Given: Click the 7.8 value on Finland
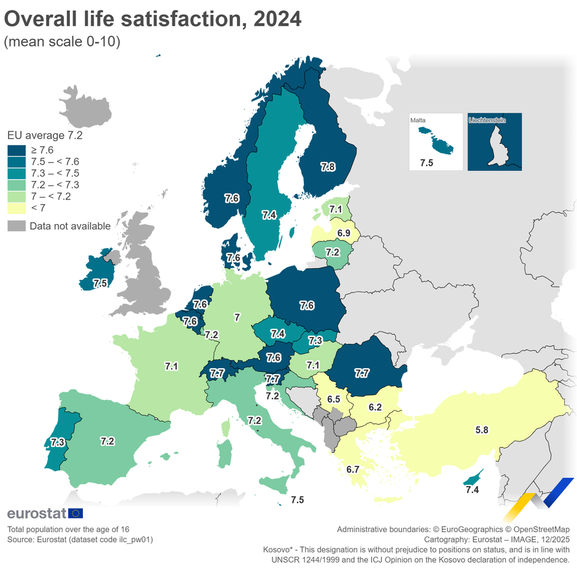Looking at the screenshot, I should [328, 166].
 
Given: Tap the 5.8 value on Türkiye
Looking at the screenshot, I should [482, 430].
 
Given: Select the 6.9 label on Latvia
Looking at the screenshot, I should [344, 233].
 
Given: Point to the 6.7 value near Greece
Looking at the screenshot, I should [353, 470].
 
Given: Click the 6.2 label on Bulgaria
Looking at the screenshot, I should [375, 407].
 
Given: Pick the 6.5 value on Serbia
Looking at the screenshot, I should [334, 399].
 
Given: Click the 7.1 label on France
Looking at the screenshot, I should [171, 366].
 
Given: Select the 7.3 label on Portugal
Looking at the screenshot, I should [58, 442].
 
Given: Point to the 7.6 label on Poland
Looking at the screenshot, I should [307, 305].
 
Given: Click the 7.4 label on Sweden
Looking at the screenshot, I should [269, 215].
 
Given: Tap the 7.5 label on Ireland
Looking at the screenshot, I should [100, 284].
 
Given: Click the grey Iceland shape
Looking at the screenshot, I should [80, 106].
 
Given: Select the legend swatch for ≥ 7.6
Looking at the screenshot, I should [16, 150].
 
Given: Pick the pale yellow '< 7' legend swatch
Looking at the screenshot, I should [16, 207].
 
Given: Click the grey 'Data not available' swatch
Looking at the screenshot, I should [16, 226].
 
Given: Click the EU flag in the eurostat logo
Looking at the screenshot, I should [76, 513].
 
